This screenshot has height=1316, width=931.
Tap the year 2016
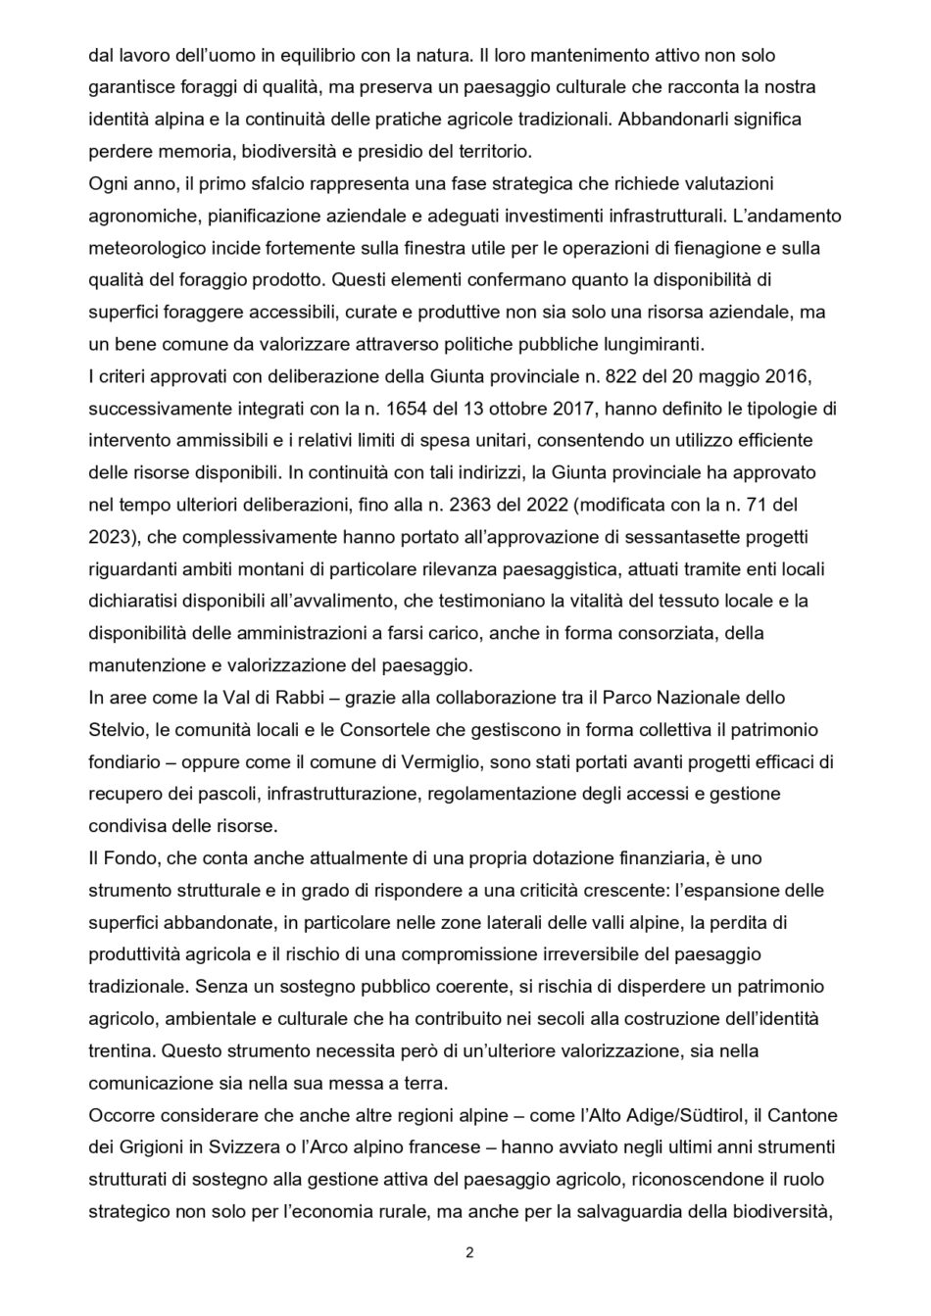pos(795,375)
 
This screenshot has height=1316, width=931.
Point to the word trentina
pos(120,1050)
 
